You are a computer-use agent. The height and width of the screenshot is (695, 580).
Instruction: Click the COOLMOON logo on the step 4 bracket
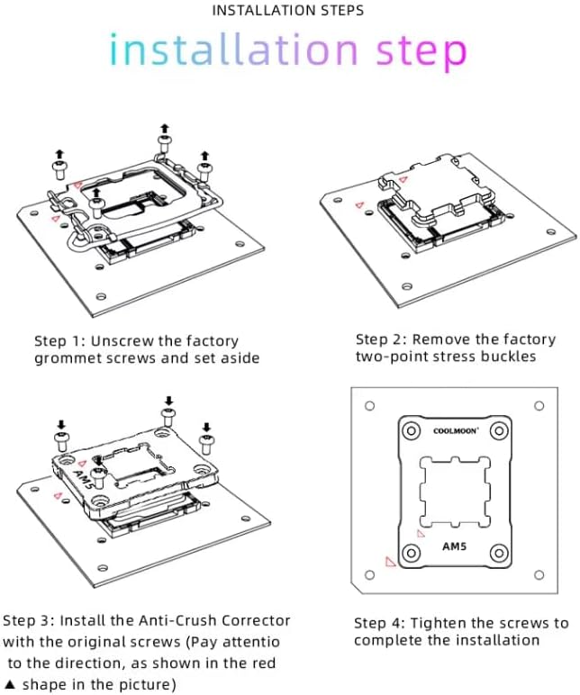click(456, 431)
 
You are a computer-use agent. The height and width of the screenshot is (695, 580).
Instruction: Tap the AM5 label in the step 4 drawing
click(454, 546)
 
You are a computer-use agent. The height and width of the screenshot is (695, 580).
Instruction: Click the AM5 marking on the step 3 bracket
click(84, 475)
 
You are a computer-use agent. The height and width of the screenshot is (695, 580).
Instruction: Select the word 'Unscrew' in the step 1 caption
click(119, 341)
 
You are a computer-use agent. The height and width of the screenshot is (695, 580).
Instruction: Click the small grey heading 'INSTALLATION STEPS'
click(288, 10)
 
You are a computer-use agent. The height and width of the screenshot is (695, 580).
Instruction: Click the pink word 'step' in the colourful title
click(421, 51)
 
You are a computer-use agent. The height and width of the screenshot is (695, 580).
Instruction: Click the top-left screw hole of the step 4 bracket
click(411, 431)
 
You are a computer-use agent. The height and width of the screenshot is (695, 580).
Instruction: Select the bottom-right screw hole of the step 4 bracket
click(499, 553)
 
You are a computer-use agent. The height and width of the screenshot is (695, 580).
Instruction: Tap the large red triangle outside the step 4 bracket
click(389, 562)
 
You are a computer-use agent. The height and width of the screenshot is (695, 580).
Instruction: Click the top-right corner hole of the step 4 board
click(539, 405)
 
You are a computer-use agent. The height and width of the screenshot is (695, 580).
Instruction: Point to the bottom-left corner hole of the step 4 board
click(369, 575)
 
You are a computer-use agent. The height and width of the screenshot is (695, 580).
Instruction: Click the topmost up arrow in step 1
click(165, 129)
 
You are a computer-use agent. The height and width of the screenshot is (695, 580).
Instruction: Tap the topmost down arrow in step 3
click(168, 402)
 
